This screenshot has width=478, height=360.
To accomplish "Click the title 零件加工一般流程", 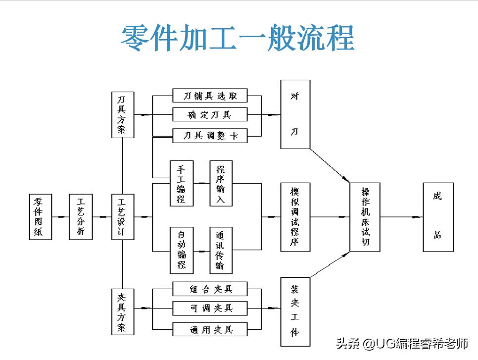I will pos(238,38).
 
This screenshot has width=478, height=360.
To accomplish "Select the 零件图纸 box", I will pos(38,216).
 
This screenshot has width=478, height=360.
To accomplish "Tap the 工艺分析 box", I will pos(81,216).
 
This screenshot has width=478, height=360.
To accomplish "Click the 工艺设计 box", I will pos(122,216).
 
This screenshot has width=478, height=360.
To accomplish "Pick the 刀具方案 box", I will pos(122,114).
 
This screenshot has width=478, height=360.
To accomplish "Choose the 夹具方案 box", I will pos(122,312).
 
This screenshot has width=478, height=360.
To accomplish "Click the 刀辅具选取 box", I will pos(210,96).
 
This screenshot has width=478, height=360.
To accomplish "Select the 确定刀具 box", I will pos(210,115).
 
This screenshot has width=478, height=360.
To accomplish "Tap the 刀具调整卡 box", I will pos(210,135).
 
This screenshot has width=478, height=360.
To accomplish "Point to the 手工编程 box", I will pos(181,183).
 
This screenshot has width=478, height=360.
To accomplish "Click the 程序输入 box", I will pos(220,183).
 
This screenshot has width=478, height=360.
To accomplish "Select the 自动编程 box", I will pos(181,250).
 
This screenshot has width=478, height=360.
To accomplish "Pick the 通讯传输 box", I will pos(220,250).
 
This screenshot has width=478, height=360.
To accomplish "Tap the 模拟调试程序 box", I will pos(295,216).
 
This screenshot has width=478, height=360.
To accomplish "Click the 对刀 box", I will pos(295,114).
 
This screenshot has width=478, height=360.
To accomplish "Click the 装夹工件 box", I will pos(295,312).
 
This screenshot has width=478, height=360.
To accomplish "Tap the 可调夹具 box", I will pos(210,308).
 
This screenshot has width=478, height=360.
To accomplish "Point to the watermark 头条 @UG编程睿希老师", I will pos(402,343).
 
